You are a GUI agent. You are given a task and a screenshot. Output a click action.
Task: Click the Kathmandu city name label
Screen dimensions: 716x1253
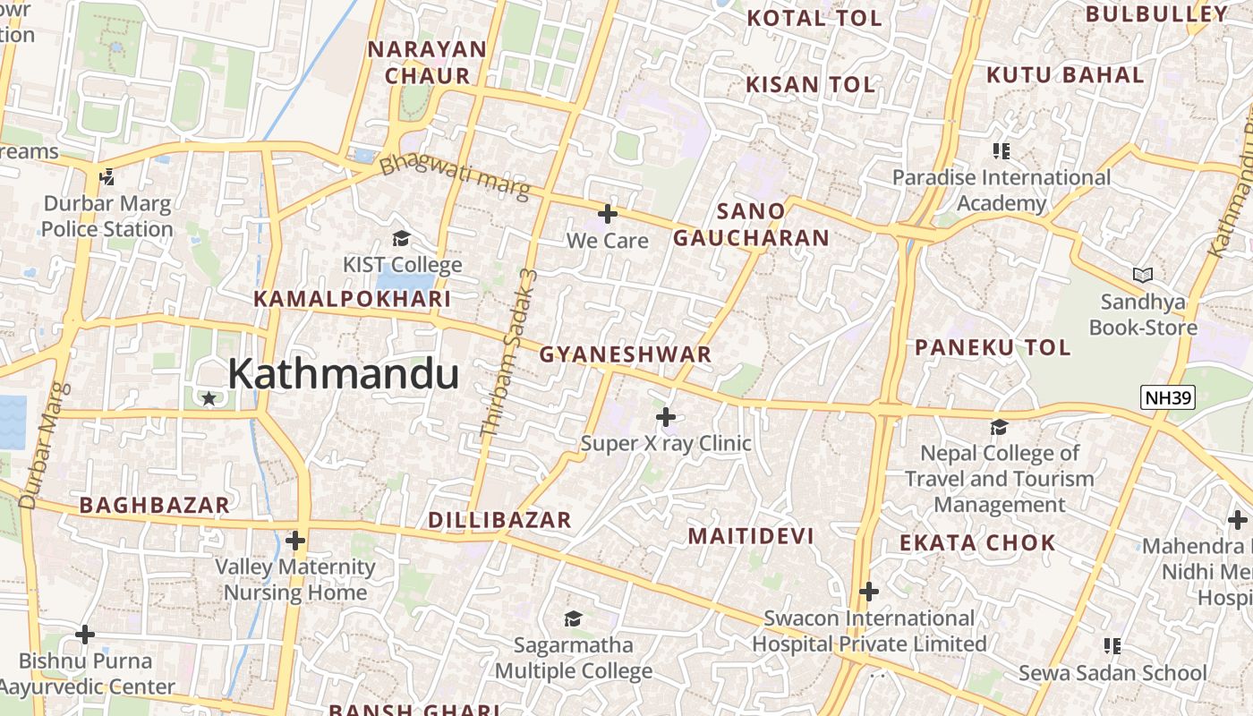click(x=343, y=374)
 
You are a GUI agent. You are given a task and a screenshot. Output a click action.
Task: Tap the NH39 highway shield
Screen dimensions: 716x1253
click(x=1168, y=397)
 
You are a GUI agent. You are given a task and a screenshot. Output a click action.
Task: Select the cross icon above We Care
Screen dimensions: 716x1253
click(x=608, y=214)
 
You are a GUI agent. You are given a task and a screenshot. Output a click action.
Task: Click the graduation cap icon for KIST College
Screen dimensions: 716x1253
click(x=402, y=238)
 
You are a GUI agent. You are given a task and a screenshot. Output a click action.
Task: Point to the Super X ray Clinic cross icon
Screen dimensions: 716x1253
click(x=666, y=416)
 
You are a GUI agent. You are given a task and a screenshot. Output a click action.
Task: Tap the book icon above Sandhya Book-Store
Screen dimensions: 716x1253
click(x=1142, y=275)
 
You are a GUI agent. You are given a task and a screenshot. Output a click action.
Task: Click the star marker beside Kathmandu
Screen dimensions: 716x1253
click(x=209, y=398)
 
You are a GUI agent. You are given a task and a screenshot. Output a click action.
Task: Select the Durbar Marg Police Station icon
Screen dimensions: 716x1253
click(x=107, y=176)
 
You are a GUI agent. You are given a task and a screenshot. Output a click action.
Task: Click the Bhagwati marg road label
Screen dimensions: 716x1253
click(x=455, y=177)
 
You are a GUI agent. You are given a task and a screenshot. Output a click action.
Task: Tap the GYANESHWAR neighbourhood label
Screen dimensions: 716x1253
click(x=625, y=354)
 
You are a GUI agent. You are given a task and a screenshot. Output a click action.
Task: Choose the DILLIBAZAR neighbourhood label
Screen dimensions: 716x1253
click(x=499, y=520)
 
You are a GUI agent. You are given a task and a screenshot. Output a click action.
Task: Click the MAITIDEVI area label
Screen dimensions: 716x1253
click(x=751, y=536)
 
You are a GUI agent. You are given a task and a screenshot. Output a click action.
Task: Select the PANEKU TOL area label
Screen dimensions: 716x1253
click(x=992, y=347)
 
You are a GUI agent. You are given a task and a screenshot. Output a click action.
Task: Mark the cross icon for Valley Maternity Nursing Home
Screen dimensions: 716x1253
click(x=295, y=541)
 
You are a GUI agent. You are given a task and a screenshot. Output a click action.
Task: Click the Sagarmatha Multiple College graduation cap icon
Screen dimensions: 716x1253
click(x=573, y=618)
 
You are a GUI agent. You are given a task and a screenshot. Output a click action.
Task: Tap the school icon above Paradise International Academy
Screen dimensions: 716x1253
click(x=1001, y=150)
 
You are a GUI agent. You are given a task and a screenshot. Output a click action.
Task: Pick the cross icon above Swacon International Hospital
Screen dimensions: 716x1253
click(x=868, y=592)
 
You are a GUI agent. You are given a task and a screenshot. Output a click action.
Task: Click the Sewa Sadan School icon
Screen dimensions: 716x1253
click(x=1112, y=645)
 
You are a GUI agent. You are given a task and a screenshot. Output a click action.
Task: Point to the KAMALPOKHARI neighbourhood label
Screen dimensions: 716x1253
click(x=353, y=299)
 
